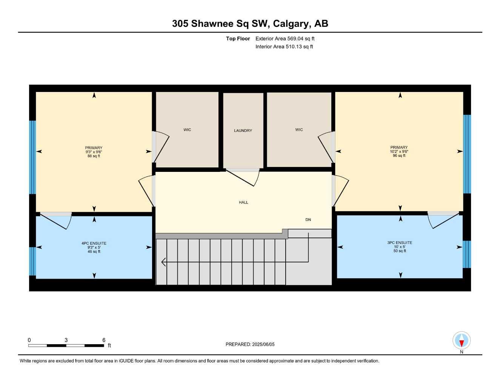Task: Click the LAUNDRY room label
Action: [243, 130]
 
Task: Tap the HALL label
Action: [243, 202]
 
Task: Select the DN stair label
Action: [308, 219]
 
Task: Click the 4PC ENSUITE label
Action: [94, 244]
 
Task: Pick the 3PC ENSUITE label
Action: [400, 243]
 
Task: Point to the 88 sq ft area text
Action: [94, 156]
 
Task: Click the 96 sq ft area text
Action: [399, 156]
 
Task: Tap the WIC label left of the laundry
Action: [187, 130]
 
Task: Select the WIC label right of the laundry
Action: [299, 130]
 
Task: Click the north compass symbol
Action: [461, 341]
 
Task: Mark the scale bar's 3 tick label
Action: [66, 340]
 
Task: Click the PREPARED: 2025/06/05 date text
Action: [250, 344]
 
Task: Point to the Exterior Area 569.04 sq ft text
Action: [285, 38]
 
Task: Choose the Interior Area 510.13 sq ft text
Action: [284, 47]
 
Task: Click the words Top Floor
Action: [238, 38]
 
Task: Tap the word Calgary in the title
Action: [291, 23]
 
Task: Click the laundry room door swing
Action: [245, 177]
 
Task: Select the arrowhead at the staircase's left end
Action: [163, 262]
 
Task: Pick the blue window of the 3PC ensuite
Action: [467, 254]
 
